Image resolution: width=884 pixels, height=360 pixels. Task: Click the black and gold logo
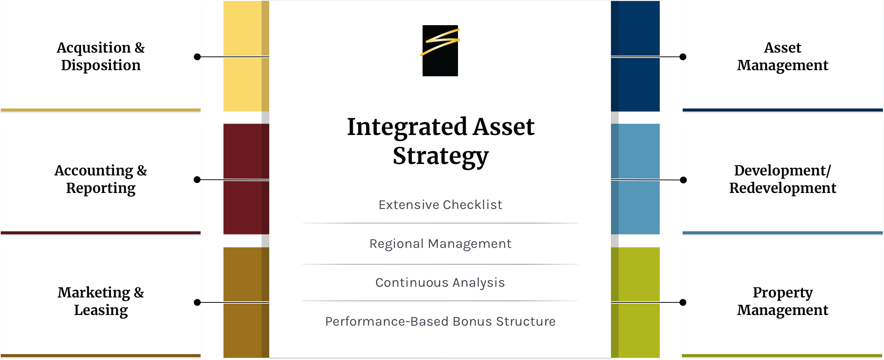(x=440, y=51)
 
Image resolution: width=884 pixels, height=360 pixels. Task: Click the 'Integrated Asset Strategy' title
(x=440, y=141)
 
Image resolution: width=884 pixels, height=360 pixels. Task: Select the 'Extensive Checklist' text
(x=440, y=205)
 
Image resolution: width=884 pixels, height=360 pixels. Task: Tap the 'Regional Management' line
(x=440, y=244)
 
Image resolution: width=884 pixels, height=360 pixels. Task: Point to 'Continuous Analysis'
(x=440, y=283)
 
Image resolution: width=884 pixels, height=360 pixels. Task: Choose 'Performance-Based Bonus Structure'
(x=440, y=321)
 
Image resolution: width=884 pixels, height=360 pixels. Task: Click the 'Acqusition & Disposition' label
(x=101, y=56)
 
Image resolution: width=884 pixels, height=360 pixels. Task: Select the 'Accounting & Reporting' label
(x=101, y=179)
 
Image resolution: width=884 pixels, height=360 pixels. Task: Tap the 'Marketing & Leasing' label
(x=101, y=301)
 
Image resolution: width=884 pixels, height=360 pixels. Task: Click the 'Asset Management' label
(x=783, y=56)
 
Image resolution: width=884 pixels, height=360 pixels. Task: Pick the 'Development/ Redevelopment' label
(x=783, y=179)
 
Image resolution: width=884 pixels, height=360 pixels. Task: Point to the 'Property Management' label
(x=783, y=301)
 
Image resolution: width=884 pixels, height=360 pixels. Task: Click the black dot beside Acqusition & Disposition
(x=197, y=57)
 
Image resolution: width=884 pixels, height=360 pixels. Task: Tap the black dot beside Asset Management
(x=683, y=57)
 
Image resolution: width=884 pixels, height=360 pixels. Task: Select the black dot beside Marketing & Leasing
(x=197, y=302)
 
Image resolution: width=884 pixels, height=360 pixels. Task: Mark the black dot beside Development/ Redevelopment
(x=683, y=180)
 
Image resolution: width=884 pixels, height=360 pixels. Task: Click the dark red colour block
(x=246, y=179)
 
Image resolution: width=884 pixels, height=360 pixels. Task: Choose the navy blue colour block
(x=635, y=56)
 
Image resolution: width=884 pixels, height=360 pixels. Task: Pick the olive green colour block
(x=635, y=302)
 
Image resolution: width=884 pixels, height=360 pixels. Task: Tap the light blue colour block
(x=635, y=179)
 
